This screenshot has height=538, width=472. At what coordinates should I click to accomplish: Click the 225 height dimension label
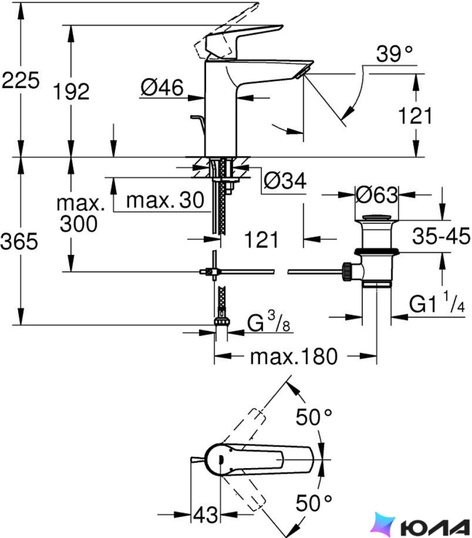pos(21,81)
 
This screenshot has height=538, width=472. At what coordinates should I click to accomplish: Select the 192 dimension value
pos(71,91)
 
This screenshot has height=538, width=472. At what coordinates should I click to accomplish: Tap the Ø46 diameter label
pos(162,88)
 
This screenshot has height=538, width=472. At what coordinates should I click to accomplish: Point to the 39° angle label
pos(394,53)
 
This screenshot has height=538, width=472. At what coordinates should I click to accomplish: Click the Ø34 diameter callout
pos(285,180)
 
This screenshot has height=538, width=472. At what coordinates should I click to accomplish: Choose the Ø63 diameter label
pos(377,195)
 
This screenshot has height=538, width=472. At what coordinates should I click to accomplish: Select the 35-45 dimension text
pos(441,236)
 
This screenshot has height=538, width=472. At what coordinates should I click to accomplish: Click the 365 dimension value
pos(19,241)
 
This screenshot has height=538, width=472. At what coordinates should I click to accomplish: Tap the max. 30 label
pos(165,200)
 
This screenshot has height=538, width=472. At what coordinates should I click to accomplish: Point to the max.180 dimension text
pos(294,357)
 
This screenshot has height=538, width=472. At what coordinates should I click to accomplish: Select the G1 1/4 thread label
pos(437,302)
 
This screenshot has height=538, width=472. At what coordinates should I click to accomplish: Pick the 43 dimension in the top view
pos(205,515)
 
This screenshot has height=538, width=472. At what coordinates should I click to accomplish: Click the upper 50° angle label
pos(314,417)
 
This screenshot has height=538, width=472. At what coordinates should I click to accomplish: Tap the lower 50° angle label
pos(314,503)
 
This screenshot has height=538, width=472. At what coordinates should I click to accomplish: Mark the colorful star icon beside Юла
pos(383,524)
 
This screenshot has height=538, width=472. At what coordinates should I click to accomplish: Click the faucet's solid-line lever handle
pos(244,41)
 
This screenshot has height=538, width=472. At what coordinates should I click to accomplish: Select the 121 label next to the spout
pos(415,115)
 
